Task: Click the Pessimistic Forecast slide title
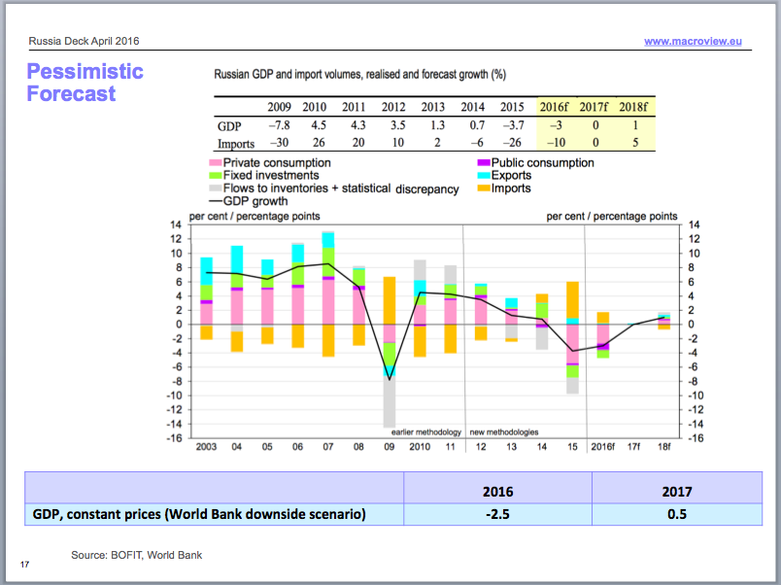(85, 83)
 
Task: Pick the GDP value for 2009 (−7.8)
(280, 125)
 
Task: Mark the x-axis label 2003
(205, 446)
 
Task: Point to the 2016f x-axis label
(603, 446)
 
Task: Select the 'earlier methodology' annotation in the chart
(425, 431)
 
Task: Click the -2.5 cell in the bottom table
(497, 513)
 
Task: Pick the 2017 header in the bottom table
(678, 491)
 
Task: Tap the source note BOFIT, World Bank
(136, 555)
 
